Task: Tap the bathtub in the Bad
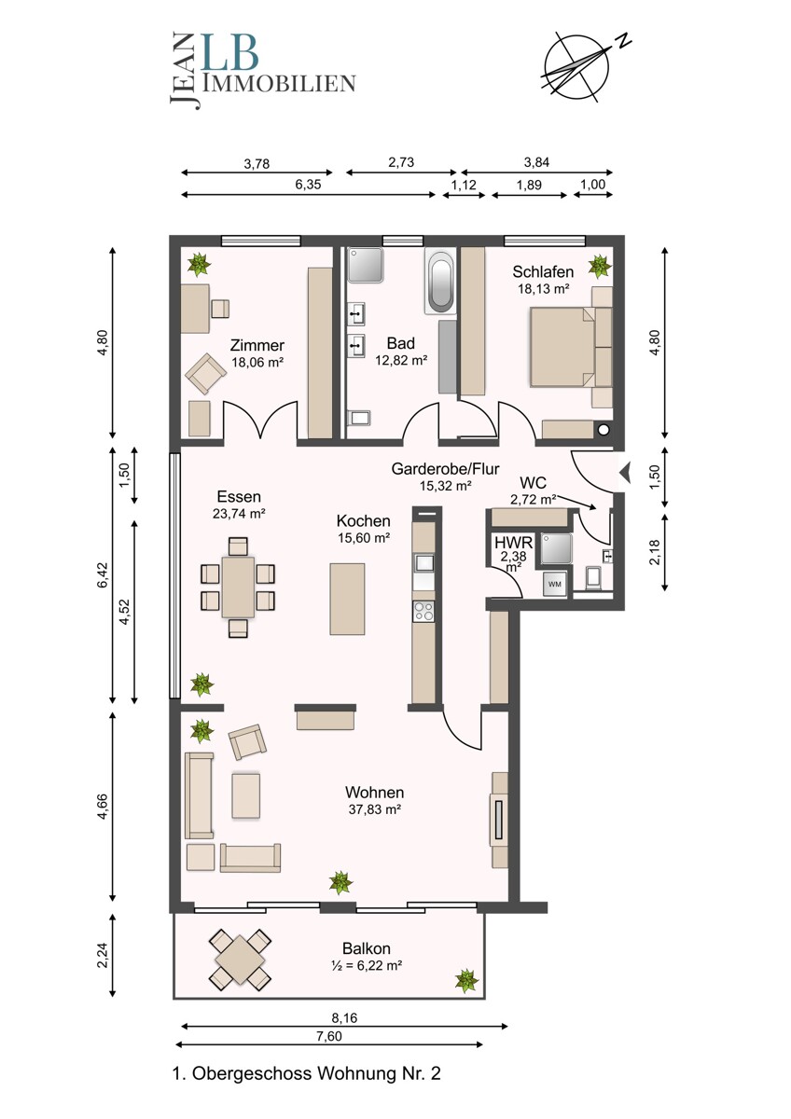439,282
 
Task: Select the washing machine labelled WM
555,584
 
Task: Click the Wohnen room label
374,792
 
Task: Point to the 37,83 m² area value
375,808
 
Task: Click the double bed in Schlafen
563,347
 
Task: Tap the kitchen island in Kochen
347,599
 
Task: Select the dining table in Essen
238,587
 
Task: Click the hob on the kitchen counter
423,611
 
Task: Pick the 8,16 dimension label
344,1017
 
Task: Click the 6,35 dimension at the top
308,185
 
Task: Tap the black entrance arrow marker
625,472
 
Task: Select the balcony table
241,960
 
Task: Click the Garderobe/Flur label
445,468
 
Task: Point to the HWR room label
514,542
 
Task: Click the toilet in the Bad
358,417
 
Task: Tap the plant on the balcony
466,981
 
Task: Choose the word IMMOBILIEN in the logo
279,83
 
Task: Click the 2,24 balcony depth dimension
103,956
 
